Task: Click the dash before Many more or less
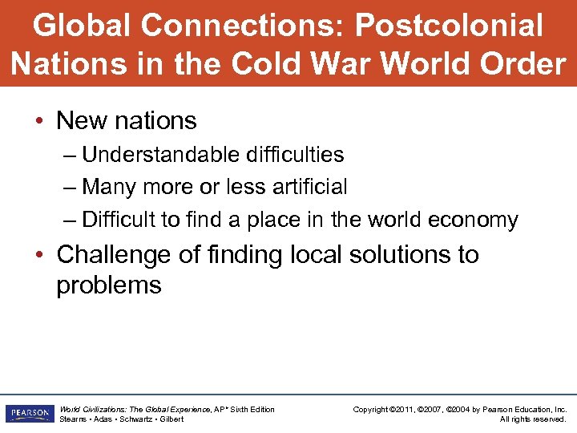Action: click(71, 187)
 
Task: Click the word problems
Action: click(108, 285)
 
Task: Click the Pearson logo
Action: click(28, 414)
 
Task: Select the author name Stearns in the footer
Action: click(74, 419)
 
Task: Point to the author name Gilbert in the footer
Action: click(171, 419)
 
